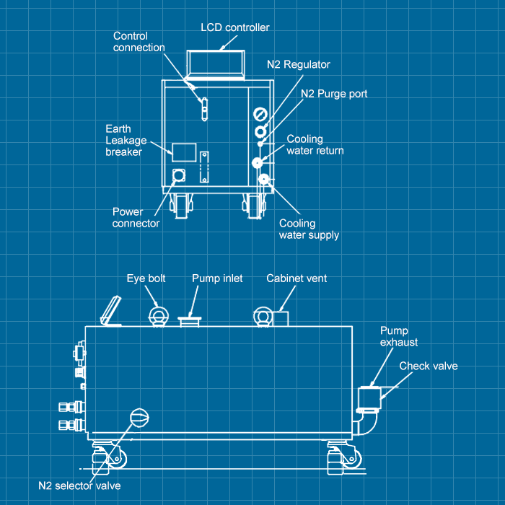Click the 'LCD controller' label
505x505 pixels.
(x=234, y=27)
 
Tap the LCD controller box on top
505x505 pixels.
(x=216, y=63)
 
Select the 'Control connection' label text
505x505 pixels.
(x=139, y=42)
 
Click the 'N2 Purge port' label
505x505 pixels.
(x=334, y=94)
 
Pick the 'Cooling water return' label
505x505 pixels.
(x=315, y=145)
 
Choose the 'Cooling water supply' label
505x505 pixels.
(x=309, y=229)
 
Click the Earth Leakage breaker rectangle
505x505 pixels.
(x=184, y=151)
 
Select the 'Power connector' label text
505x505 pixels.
(x=136, y=218)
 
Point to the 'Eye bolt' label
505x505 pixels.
(x=146, y=278)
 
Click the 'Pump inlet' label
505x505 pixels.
(x=217, y=278)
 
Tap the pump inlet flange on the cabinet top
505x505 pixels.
(x=190, y=319)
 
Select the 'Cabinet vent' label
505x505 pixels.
(x=297, y=278)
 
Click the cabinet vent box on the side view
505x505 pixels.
(x=280, y=318)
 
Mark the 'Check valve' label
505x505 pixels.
(x=429, y=366)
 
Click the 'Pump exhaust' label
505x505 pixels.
(x=399, y=336)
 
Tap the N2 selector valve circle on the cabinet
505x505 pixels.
(x=138, y=417)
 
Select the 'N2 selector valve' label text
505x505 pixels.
(x=79, y=485)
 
